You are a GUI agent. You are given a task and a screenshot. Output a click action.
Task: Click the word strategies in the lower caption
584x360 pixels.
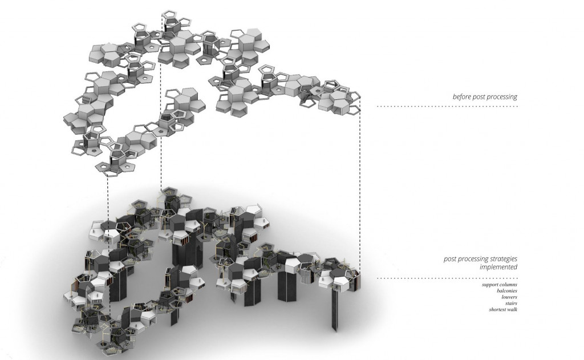503,259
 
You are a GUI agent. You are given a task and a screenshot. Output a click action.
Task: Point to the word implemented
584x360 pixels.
498,267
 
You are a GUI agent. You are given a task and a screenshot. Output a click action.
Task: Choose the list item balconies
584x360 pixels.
507,291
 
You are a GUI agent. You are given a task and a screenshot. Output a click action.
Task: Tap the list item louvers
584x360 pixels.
509,297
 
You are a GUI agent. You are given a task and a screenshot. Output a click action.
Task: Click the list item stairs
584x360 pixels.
511,304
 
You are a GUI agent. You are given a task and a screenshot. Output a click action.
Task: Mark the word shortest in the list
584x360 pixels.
498,310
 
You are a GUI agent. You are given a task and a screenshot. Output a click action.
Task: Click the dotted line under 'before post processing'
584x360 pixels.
447,106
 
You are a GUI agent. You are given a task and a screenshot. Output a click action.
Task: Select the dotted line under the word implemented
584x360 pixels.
447,278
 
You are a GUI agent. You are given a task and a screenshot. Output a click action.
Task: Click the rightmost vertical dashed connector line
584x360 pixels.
360,184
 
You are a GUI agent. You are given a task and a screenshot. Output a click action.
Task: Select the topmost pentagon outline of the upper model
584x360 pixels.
171,15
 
